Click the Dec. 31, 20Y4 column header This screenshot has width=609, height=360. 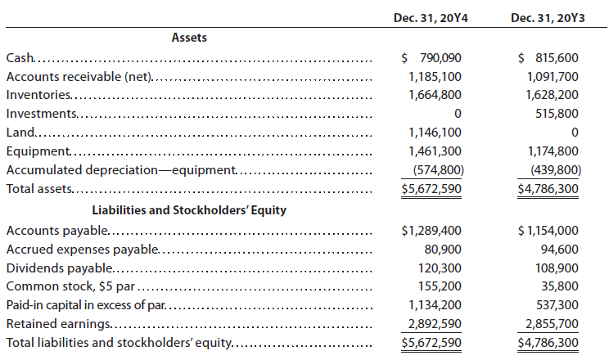tap(431, 18)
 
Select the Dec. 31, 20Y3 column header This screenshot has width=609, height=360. tap(548, 18)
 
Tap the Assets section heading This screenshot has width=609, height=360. tap(189, 38)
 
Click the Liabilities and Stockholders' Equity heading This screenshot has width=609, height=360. tap(189, 210)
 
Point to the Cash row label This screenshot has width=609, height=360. tap(20, 58)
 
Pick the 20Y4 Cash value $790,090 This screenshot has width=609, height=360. tap(431, 58)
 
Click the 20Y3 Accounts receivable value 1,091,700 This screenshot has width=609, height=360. tap(553, 77)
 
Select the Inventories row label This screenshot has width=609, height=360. tap(38, 95)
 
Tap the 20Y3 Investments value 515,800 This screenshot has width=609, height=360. tap(557, 114)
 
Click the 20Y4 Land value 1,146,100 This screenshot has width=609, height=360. tap(435, 133)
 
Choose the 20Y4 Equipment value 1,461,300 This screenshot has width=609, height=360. tap(435, 151)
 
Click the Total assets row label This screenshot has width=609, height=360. tap(39, 189)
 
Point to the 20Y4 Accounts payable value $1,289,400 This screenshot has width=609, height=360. tap(431, 231)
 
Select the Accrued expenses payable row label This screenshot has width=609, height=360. tap(83, 250)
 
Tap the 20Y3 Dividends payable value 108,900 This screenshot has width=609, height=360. tap(560, 268)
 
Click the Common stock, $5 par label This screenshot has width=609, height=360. tap(70, 286)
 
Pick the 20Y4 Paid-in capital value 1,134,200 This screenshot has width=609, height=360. tap(435, 305)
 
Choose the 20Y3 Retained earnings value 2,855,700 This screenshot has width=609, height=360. tap(552, 323)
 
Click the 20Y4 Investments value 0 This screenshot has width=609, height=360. tap(458, 114)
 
